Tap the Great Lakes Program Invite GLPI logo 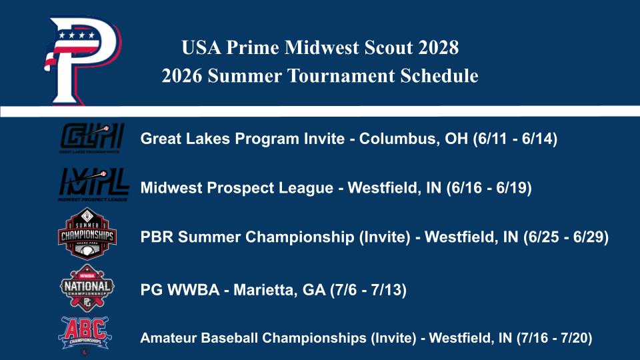click(92, 138)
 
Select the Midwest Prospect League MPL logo click(93, 185)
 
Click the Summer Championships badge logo click(87, 234)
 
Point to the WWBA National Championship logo click(87, 287)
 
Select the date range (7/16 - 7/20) click(555, 339)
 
